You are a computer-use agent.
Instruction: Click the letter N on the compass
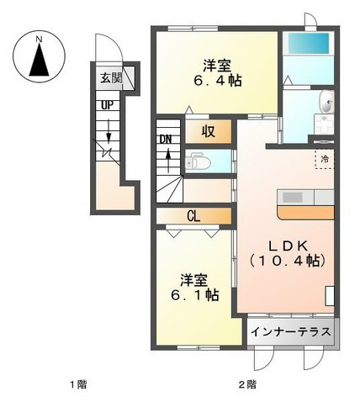(40, 40)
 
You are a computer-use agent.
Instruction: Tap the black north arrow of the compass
(40, 60)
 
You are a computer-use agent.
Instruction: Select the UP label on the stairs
(108, 105)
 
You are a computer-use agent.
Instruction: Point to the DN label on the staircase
(166, 140)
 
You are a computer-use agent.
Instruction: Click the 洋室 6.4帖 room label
(217, 73)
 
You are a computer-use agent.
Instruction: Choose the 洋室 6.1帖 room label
(195, 288)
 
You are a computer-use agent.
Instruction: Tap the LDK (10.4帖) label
(288, 253)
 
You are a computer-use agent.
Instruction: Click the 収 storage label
(209, 131)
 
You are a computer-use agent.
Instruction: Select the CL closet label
(193, 216)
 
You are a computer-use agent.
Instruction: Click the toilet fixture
(198, 161)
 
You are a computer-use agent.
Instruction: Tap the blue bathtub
(309, 44)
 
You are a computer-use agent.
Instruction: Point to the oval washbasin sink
(326, 102)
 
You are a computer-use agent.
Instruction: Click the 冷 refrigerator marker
(325, 159)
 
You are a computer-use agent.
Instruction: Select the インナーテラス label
(291, 332)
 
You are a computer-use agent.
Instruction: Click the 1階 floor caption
(78, 384)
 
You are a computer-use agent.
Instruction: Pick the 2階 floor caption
(247, 384)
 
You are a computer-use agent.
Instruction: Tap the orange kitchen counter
(305, 212)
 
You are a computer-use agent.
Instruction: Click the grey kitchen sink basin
(293, 198)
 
